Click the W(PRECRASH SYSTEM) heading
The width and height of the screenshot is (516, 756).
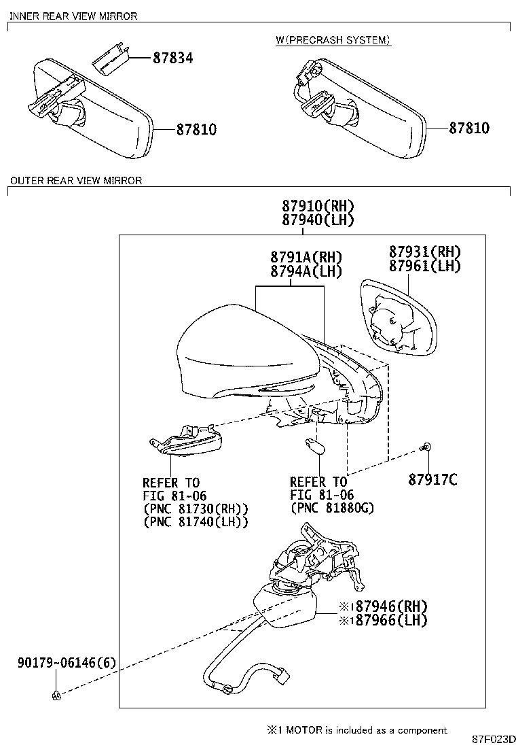[333, 40]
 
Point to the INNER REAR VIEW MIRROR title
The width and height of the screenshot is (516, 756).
[73, 16]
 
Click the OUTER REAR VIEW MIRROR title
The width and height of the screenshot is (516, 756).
[76, 181]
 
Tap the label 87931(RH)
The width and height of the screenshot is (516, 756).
[424, 252]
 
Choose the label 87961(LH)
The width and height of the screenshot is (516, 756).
[424, 266]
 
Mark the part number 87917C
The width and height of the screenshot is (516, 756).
[432, 480]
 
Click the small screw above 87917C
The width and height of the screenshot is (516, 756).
[426, 447]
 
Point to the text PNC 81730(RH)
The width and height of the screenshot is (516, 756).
[196, 509]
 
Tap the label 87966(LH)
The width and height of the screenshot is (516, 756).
[384, 620]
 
